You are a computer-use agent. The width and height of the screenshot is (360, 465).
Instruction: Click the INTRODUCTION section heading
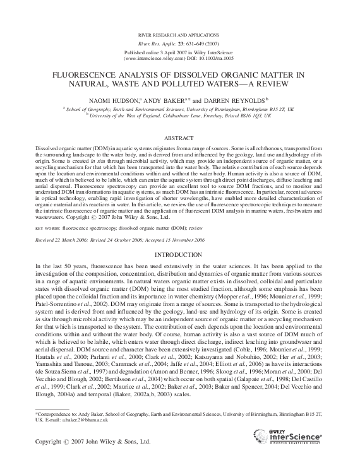coord(179,256)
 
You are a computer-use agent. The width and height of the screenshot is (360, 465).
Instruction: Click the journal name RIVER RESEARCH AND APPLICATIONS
coord(179,33)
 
